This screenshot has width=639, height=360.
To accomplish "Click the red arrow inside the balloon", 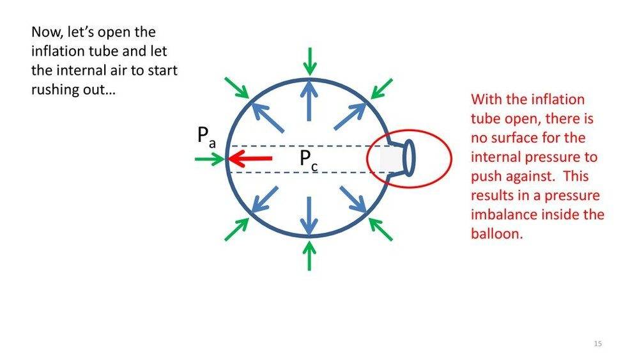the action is (250, 158).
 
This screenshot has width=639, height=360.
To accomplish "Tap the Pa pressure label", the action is (206, 137).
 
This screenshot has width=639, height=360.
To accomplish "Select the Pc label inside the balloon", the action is (309, 160).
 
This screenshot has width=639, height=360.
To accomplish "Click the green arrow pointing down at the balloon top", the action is (310, 61).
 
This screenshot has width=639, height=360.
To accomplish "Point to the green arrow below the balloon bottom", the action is (310, 256).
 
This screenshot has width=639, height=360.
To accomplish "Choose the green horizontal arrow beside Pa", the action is (210, 159).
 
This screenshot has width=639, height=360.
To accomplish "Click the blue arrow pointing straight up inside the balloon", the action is (309, 100).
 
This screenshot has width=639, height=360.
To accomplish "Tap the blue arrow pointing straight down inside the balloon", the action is (309, 217).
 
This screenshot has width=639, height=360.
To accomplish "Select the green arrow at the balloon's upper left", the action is (237, 88).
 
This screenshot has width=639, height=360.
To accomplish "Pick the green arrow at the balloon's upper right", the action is (382, 88).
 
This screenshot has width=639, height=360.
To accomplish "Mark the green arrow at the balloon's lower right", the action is (381, 229).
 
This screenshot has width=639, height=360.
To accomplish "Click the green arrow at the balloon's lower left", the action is (237, 229).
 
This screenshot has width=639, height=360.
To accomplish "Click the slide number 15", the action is (598, 343).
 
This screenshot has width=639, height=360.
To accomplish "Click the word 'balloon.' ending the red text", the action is (497, 233).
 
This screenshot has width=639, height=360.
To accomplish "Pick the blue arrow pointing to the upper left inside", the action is (267, 118).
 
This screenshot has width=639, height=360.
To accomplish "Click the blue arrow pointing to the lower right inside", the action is (353, 200).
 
